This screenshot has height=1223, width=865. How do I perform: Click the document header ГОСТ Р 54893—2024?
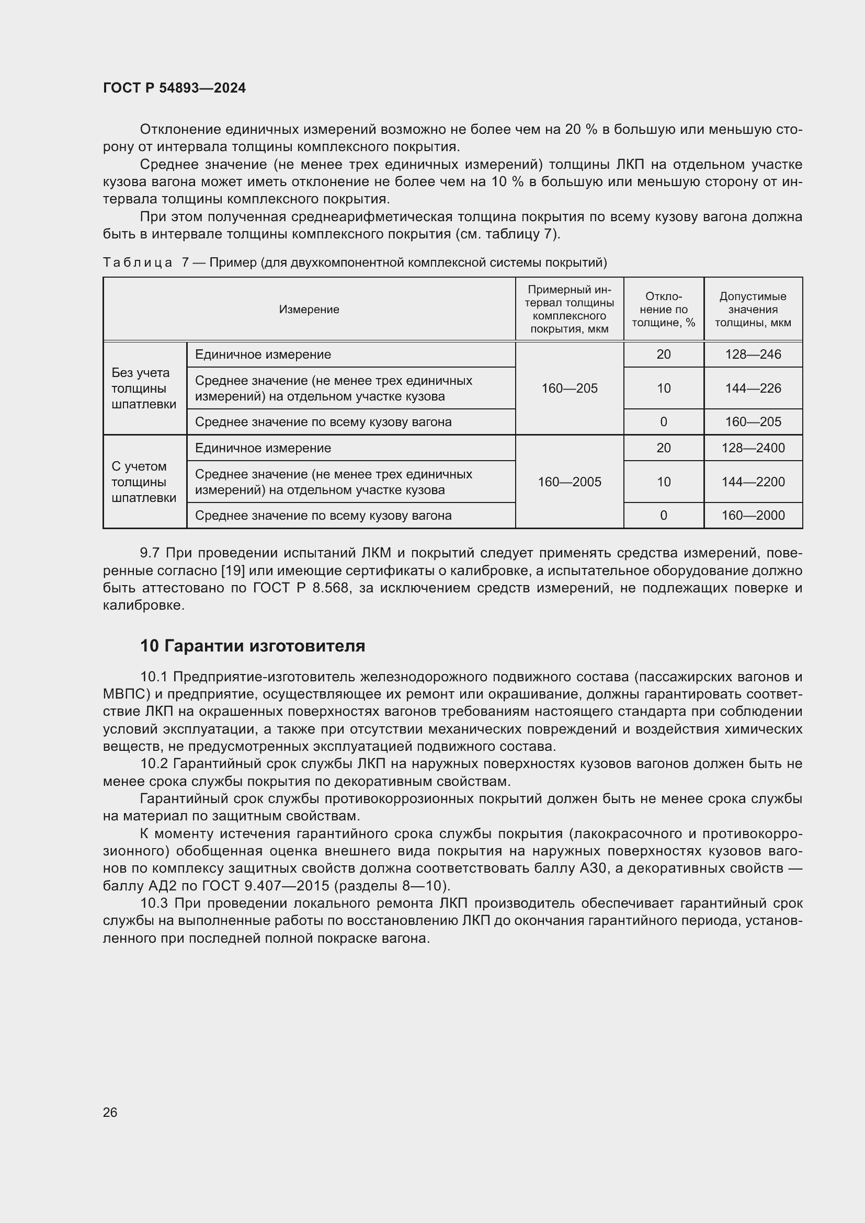click(x=174, y=88)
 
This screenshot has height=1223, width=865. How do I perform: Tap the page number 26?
click(x=110, y=1112)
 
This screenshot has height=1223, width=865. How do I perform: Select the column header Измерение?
click(x=309, y=310)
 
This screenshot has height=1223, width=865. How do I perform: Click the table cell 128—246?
click(x=753, y=354)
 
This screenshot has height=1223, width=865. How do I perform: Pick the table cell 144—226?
click(x=753, y=388)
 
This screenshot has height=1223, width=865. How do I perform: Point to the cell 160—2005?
click(x=569, y=482)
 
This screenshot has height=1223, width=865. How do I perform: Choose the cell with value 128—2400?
click(x=753, y=448)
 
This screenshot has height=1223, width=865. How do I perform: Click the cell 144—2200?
click(x=753, y=482)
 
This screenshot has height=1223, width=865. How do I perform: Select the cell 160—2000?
click(x=753, y=515)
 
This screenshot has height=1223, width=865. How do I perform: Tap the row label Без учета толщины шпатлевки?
click(x=144, y=388)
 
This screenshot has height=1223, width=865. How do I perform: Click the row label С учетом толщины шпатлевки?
click(x=144, y=482)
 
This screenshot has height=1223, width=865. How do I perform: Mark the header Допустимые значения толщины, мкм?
click(x=753, y=310)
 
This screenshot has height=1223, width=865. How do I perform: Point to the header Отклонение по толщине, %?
click(x=663, y=310)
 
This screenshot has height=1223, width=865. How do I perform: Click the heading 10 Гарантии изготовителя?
click(x=253, y=646)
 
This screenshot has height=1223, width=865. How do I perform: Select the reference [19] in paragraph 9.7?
click(x=232, y=571)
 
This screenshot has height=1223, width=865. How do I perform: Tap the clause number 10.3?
click(x=154, y=904)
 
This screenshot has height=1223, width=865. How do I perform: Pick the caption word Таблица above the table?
click(x=138, y=262)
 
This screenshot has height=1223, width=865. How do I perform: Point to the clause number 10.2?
click(x=154, y=764)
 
